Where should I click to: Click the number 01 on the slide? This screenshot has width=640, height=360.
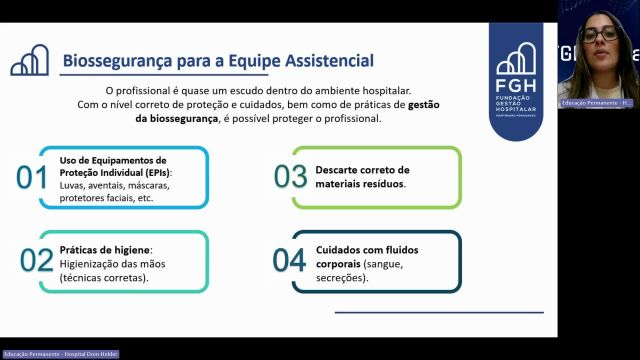tap(33, 177)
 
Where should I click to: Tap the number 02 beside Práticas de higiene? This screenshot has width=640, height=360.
tap(36, 260)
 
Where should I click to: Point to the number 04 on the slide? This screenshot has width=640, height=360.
tap(289, 260)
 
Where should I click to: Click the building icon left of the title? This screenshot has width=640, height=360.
tap(30, 61)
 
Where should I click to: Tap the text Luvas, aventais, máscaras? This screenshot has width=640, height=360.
tap(113, 185)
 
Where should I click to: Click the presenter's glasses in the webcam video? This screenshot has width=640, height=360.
tap(599, 35)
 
